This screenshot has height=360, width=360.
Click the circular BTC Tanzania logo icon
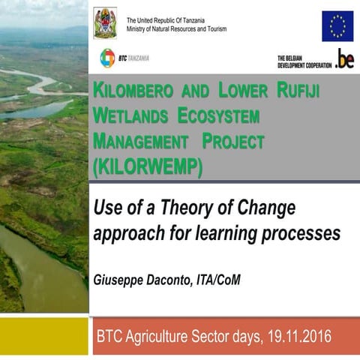(108, 58)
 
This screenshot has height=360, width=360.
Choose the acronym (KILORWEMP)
(147, 166)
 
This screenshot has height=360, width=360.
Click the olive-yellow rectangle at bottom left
(43, 334)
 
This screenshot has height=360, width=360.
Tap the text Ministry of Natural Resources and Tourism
(176, 29)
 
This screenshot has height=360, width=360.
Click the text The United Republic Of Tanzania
(166, 19)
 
